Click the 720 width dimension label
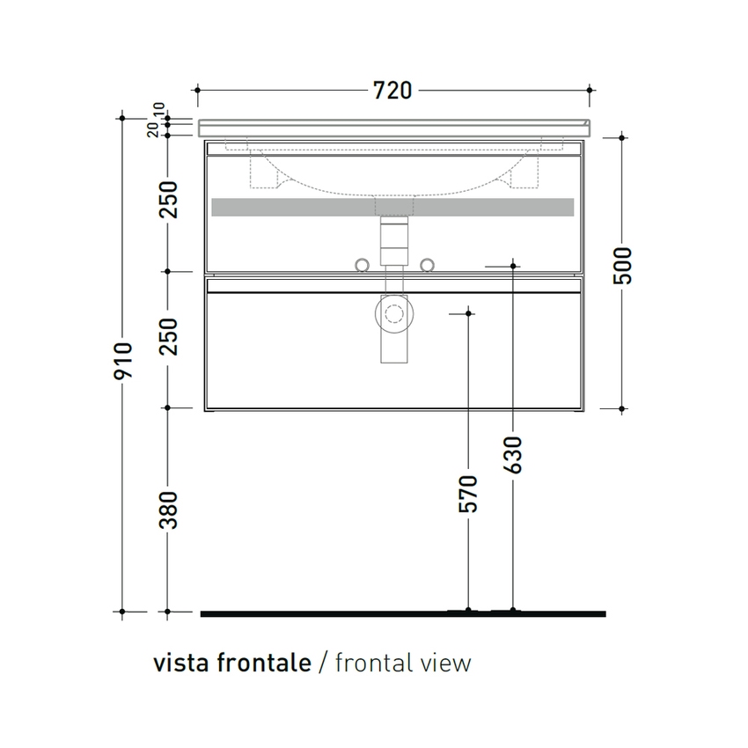coord(394,90)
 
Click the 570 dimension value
coord(468,494)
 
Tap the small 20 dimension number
coord(154,130)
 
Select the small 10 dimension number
coord(158,111)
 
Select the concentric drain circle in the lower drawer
coord(392,312)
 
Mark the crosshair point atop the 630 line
coord(513,264)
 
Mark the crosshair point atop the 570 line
coord(468,312)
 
